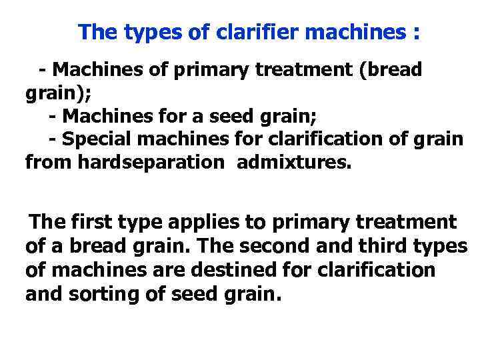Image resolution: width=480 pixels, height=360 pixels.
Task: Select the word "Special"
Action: (95, 139)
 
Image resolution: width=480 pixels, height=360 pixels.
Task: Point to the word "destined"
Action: (233, 270)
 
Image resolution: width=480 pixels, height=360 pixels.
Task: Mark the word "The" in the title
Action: (97, 32)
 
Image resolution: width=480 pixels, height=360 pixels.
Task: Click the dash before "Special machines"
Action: (53, 139)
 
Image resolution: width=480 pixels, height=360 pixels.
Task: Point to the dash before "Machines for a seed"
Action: (53, 116)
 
